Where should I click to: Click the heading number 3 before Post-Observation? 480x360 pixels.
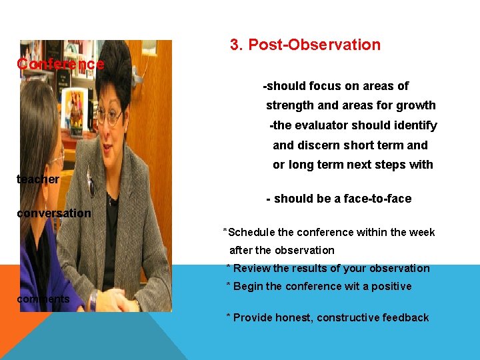(x=235, y=45)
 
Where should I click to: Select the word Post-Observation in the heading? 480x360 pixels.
(x=314, y=45)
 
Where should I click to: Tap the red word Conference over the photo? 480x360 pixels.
(x=61, y=64)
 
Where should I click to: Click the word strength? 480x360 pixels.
(x=291, y=105)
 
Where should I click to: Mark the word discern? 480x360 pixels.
(x=322, y=145)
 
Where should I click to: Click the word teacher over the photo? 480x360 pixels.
(x=38, y=179)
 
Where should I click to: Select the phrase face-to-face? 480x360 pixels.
(x=379, y=199)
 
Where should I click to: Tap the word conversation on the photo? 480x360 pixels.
(x=54, y=213)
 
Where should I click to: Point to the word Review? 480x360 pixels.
(x=251, y=269)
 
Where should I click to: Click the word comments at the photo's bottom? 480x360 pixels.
(x=43, y=299)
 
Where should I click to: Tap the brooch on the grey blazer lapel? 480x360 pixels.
(x=91, y=187)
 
